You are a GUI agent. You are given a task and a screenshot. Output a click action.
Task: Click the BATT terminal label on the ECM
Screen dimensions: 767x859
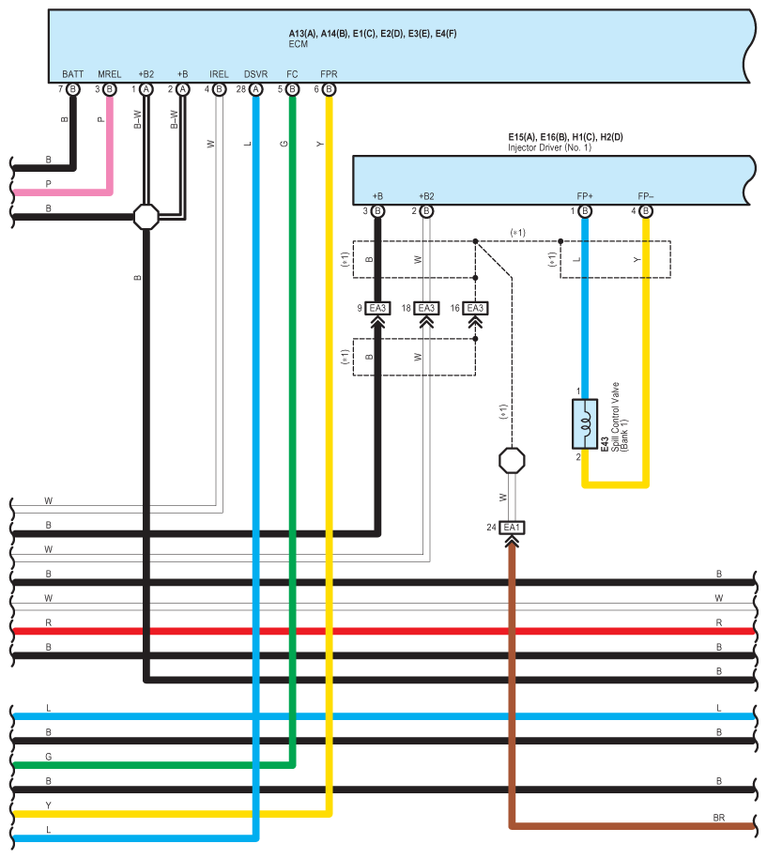click(x=73, y=74)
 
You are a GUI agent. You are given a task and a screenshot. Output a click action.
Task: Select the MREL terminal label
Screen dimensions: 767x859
click(x=110, y=74)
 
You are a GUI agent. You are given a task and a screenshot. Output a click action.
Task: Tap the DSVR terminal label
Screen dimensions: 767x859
click(x=256, y=74)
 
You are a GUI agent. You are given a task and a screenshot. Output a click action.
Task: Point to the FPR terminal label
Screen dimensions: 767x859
click(x=329, y=74)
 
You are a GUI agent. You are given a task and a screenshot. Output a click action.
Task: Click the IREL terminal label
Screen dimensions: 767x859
click(x=219, y=74)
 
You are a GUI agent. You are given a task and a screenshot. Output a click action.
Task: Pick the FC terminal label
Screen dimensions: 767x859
click(x=292, y=74)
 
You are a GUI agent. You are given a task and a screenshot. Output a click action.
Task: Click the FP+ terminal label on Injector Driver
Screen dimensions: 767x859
click(x=585, y=196)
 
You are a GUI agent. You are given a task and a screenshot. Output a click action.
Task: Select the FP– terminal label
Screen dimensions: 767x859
click(x=645, y=196)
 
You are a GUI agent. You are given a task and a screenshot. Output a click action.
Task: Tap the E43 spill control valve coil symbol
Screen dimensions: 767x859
click(x=585, y=424)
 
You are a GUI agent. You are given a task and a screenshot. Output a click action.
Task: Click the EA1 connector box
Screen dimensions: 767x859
click(x=512, y=528)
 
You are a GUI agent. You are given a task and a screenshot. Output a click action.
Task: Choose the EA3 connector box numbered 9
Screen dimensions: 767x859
click(x=377, y=309)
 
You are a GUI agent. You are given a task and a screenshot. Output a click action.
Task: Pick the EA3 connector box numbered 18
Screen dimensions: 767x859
click(x=426, y=309)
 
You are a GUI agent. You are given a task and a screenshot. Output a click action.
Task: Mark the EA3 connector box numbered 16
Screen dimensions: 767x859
click(x=475, y=309)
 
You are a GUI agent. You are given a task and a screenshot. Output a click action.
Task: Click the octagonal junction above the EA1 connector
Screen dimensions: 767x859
click(x=512, y=461)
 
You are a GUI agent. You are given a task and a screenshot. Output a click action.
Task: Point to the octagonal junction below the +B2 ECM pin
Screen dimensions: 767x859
click(x=146, y=217)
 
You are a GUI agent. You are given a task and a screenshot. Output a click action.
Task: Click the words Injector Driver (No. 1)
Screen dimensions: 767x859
click(x=549, y=148)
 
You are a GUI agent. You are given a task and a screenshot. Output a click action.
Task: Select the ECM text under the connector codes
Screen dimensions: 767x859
click(x=298, y=44)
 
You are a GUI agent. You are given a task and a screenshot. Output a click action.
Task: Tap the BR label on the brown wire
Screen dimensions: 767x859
click(x=719, y=818)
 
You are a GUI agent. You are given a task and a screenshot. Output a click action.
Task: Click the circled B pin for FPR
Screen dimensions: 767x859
click(x=329, y=89)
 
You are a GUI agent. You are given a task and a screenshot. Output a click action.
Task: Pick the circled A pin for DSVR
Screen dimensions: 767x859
click(x=256, y=89)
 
